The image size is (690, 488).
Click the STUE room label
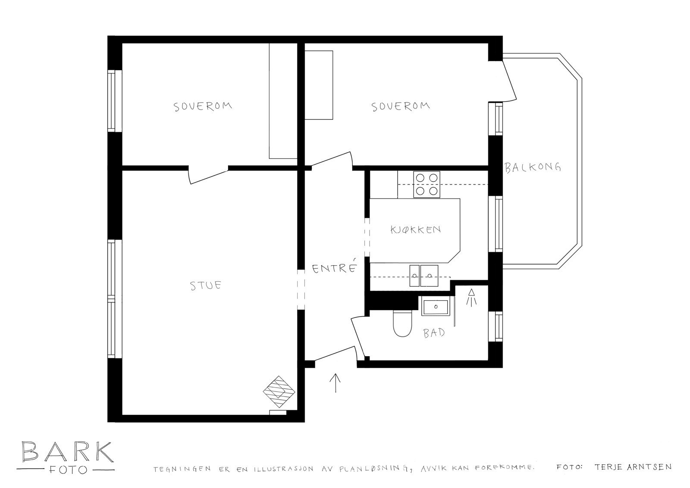pos(206,285)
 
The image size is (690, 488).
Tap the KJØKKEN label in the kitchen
pos(415,229)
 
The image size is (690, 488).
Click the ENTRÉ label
pos(335,268)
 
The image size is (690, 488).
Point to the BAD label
pos(434,333)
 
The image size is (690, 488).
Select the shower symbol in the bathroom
pos(472,298)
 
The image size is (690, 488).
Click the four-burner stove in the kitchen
pos(427,184)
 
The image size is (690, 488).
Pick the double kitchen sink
pos(423,275)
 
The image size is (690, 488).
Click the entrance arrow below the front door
pos(335,382)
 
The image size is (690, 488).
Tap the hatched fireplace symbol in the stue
pos(279,391)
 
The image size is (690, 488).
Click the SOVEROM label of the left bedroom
pos(203,106)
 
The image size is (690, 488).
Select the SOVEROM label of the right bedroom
pos(401,106)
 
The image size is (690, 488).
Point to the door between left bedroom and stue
pos(208,174)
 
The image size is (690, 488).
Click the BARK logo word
pos(67,451)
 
